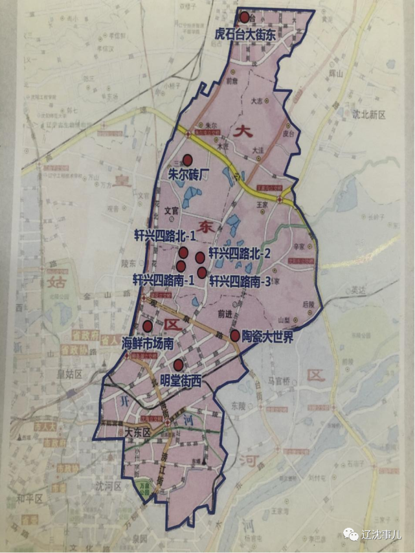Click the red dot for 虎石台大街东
[244, 17]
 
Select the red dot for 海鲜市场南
[148, 326]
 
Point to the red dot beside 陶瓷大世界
[235, 335]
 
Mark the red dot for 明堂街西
[178, 365]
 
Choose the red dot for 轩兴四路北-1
[183, 253]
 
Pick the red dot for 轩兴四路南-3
[202, 273]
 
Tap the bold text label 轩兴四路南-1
[164, 280]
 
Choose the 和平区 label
[29, 499]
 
